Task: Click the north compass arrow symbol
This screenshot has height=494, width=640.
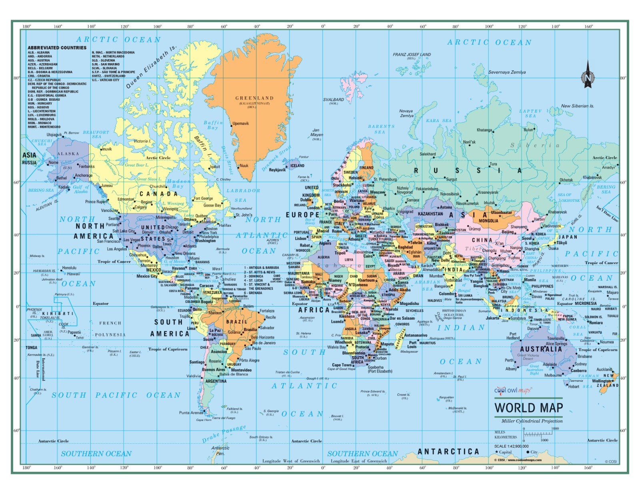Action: pos(588,75)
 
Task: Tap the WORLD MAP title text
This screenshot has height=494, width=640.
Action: pos(528,408)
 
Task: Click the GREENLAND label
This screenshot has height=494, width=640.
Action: pos(254,98)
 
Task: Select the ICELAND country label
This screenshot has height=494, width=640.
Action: pos(297,165)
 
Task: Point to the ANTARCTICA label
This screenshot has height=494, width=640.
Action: pos(448,452)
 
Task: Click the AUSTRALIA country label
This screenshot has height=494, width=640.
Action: pos(541,349)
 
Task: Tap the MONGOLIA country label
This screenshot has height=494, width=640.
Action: pos(488,221)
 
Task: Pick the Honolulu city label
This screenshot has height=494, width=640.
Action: pos(69,268)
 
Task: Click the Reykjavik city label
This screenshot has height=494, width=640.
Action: pos(277,170)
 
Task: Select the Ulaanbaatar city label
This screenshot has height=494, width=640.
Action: pos(501,213)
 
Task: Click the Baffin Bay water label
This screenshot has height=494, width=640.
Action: pos(213,125)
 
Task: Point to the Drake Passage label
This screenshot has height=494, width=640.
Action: pos(224,434)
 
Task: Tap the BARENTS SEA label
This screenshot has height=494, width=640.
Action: pos(381,129)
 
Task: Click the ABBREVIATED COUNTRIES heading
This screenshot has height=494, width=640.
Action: pos(57,48)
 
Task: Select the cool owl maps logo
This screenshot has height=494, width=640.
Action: pos(512,390)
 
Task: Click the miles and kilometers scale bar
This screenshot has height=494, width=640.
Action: pos(538,434)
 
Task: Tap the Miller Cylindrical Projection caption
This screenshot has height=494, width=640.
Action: pos(532,421)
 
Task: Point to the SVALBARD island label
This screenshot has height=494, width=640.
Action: pos(333,100)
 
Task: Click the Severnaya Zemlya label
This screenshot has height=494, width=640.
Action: pos(507,72)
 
